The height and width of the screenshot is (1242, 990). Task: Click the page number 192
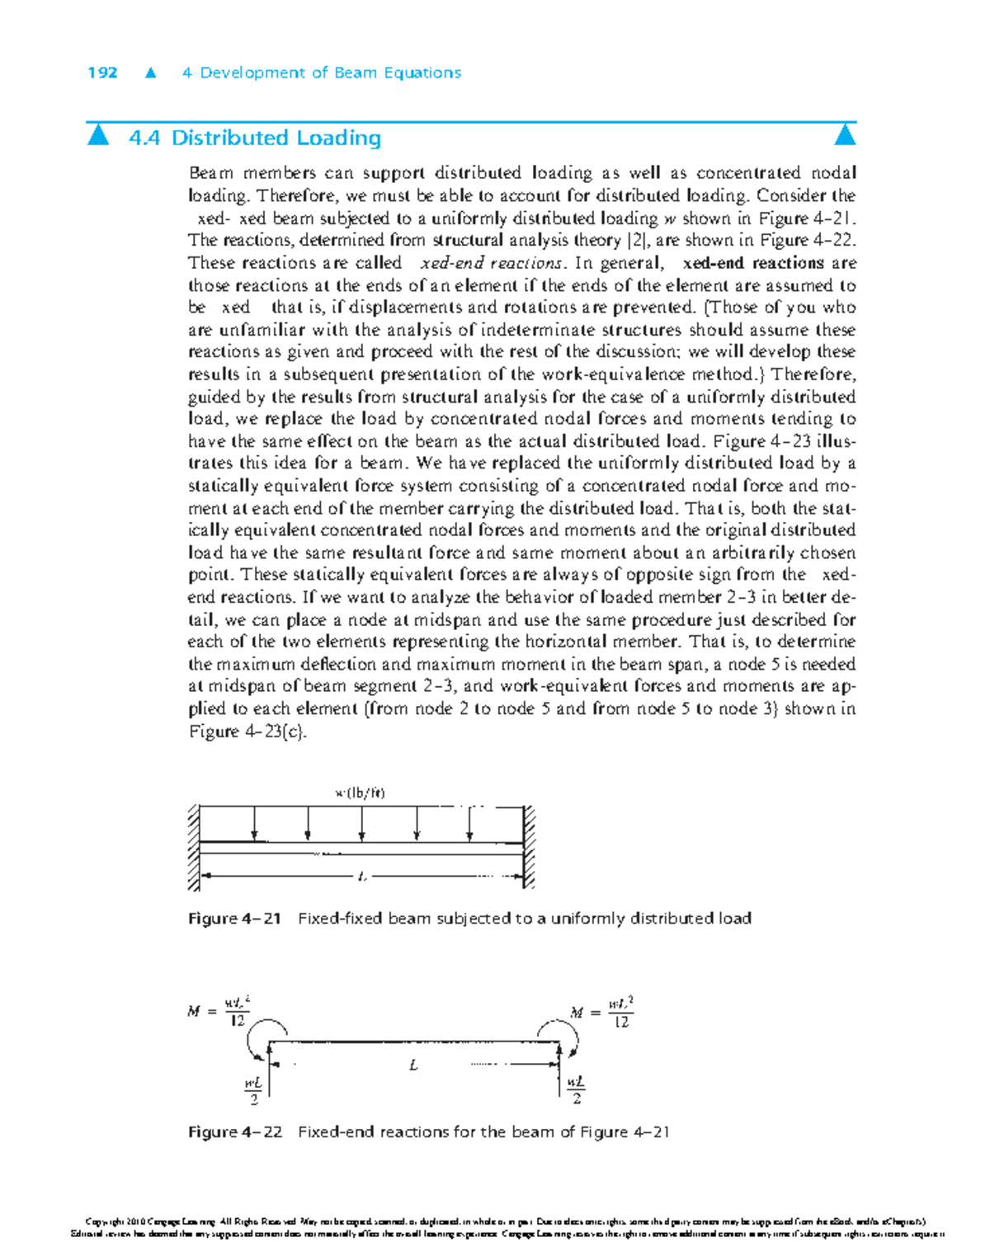(x=102, y=73)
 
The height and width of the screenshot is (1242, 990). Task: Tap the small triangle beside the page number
(x=150, y=73)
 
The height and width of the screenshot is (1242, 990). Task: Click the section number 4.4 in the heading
(x=144, y=138)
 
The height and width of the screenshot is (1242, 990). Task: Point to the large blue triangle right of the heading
(x=845, y=134)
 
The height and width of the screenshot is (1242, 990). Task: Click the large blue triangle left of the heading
(x=98, y=134)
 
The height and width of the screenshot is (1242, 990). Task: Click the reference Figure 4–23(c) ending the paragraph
(x=247, y=732)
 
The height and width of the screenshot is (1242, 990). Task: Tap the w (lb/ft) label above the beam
(x=360, y=793)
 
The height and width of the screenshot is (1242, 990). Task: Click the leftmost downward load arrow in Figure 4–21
(x=255, y=824)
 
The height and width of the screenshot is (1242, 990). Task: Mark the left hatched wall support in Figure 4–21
(x=194, y=847)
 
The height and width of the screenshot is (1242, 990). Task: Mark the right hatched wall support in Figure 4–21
(x=529, y=847)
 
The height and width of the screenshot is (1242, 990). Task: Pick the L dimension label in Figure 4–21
(x=361, y=877)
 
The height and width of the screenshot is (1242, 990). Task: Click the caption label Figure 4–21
(x=235, y=919)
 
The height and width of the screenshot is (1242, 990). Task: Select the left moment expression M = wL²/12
(x=218, y=1011)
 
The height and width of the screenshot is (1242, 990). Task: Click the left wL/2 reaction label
(x=253, y=1090)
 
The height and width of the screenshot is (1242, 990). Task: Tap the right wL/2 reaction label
(x=576, y=1090)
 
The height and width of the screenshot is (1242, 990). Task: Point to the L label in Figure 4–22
(x=413, y=1066)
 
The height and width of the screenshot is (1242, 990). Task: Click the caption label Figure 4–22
(x=235, y=1132)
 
